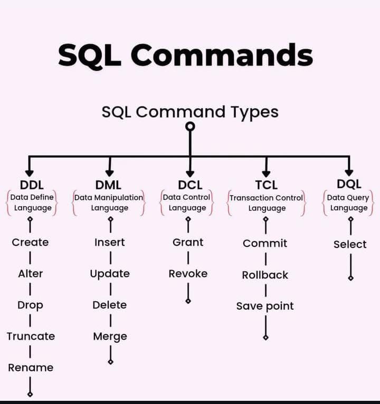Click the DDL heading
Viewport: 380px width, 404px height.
tap(32, 185)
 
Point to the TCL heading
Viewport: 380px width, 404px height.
tap(265, 185)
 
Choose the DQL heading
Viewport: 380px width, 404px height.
tap(349, 184)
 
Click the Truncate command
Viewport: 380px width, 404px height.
tap(31, 336)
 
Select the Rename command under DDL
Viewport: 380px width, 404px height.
tap(31, 368)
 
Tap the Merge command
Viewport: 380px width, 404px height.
tap(110, 336)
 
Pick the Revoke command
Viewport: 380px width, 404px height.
tap(188, 274)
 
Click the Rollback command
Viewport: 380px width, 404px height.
tap(265, 275)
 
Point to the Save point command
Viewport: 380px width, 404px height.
tap(265, 306)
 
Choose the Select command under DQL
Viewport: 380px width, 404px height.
tap(349, 244)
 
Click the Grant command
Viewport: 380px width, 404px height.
tap(188, 243)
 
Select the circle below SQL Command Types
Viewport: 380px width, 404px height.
tap(190, 126)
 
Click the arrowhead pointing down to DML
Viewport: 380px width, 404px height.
tap(109, 172)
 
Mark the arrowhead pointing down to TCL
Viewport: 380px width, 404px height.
tap(266, 172)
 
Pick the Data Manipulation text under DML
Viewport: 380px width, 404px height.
tap(109, 197)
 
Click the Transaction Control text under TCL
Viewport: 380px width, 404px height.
tap(266, 198)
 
